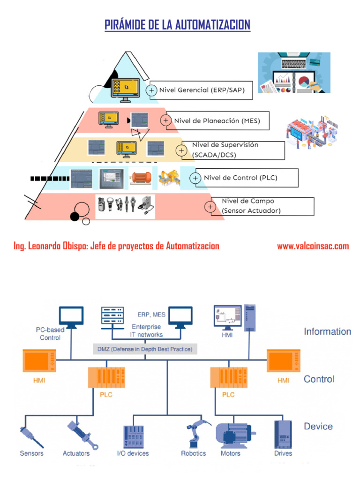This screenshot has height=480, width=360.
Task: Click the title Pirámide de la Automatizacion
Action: point(177,25)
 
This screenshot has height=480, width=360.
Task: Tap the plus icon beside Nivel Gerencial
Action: point(151,90)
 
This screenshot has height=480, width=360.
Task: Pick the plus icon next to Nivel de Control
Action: point(195,178)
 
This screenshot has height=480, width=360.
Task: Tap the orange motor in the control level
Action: point(141,178)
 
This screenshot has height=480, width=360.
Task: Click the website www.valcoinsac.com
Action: point(313,246)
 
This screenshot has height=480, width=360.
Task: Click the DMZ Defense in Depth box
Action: point(144,349)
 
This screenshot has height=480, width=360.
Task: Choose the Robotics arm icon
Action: point(193,434)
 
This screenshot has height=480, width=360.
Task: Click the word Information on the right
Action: point(327,332)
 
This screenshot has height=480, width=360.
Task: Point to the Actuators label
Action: point(76,453)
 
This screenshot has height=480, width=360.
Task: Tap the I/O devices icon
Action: point(133,436)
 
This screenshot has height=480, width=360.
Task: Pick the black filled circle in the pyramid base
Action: point(75,216)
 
